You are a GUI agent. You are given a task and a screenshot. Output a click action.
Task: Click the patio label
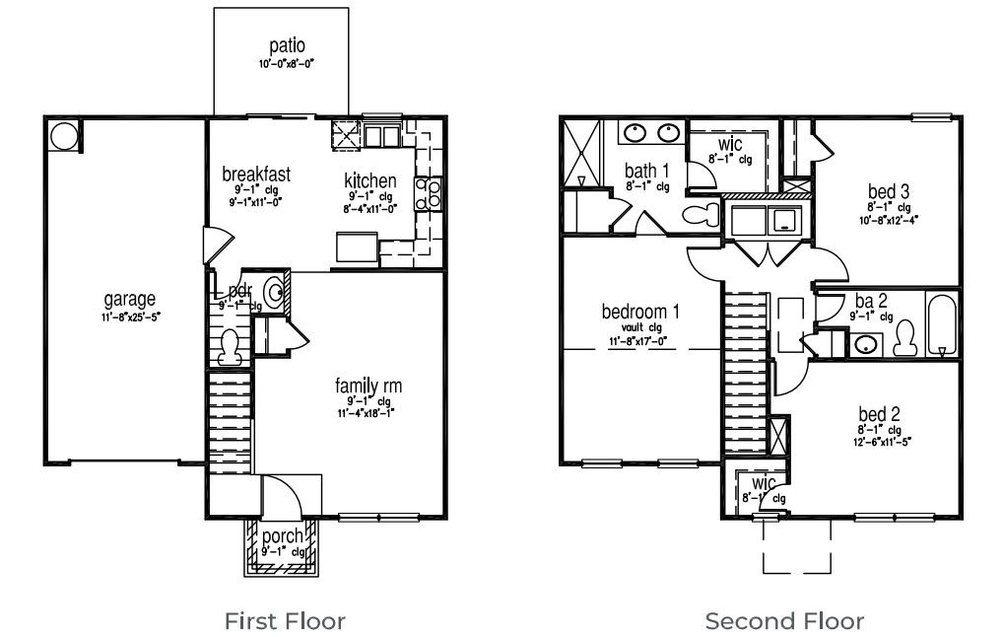tap(286, 46)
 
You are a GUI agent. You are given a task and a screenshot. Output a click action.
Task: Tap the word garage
tap(130, 299)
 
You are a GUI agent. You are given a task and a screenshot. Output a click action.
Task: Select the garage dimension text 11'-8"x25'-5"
tap(130, 318)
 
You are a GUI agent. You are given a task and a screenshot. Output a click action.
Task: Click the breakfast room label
tap(256, 175)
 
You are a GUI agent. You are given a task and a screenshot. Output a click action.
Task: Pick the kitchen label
tap(369, 180)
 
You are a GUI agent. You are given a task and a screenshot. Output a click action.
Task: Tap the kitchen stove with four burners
tap(431, 193)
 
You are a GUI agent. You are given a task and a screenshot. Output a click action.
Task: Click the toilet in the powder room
tap(231, 345)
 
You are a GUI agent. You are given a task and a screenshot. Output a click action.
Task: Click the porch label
tap(282, 536)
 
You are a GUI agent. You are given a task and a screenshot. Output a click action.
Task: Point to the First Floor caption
tap(285, 621)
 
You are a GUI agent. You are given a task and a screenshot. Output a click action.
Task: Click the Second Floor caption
tap(784, 621)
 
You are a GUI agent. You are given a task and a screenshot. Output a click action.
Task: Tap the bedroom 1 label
tap(639, 312)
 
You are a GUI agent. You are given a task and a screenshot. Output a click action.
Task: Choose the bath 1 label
tap(646, 170)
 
